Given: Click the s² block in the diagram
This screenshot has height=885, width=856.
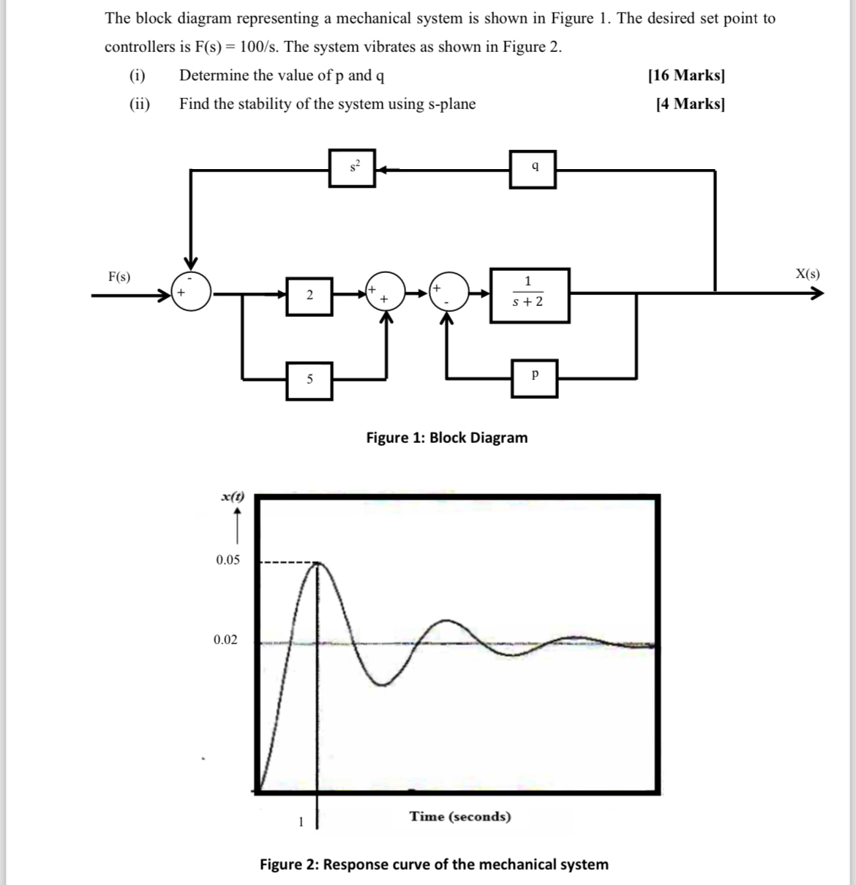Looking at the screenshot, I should click(352, 168).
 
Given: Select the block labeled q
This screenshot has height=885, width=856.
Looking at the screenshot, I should click(533, 168).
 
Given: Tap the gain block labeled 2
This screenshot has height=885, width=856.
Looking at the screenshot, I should click(309, 296).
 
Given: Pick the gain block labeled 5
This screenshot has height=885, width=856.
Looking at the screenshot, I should click(309, 380).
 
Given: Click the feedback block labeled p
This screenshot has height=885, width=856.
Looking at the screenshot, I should click(535, 378).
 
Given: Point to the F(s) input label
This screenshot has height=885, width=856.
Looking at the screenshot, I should click(119, 277).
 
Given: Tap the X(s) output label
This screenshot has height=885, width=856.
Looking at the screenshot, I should click(807, 275).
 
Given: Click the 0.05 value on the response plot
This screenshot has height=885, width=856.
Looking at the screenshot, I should click(228, 560).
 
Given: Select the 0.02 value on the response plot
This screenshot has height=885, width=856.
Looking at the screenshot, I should click(225, 640).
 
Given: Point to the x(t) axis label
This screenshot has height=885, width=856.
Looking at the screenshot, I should click(232, 497).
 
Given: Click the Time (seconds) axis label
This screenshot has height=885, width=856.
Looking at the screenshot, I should click(460, 816).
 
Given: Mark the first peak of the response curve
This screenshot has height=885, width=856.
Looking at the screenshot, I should click(318, 564).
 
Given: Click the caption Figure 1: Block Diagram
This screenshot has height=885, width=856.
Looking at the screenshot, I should click(446, 438).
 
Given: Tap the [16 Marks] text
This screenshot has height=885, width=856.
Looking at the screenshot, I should click(686, 75).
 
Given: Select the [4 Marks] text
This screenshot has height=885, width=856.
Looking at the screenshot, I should click(690, 103).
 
